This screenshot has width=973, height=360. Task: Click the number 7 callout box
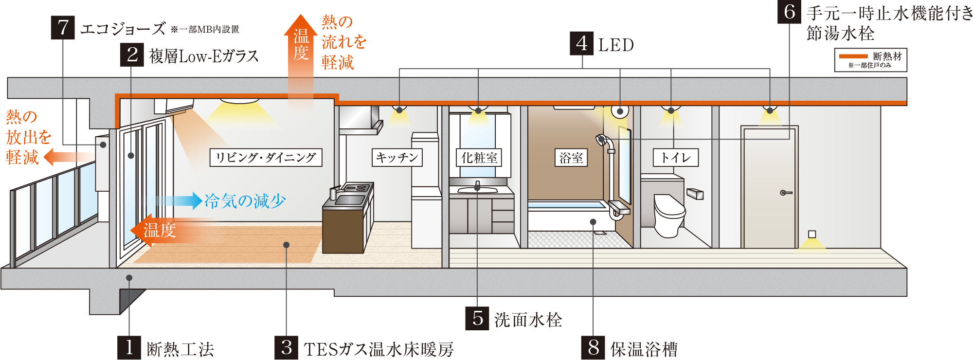click(63, 28)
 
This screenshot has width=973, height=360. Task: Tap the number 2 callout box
click(132, 54)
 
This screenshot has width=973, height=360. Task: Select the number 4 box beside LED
click(582, 44)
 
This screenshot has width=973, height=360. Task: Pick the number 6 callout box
click(789, 12)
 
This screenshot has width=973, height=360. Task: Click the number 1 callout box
click(129, 347)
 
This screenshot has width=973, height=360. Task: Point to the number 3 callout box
click(287, 347)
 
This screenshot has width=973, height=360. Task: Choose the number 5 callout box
click(477, 318)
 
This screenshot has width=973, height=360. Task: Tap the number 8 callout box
click(593, 347)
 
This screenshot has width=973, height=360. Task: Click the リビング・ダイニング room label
click(266, 158)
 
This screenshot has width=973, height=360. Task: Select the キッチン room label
click(397, 158)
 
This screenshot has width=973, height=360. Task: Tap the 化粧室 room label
click(479, 158)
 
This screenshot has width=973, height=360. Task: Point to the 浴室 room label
click(571, 158)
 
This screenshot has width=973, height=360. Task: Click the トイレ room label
click(675, 158)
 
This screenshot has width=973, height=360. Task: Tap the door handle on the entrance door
click(785, 193)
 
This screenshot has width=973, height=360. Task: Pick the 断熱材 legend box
click(870, 60)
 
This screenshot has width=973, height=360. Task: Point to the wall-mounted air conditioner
click(173, 105)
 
